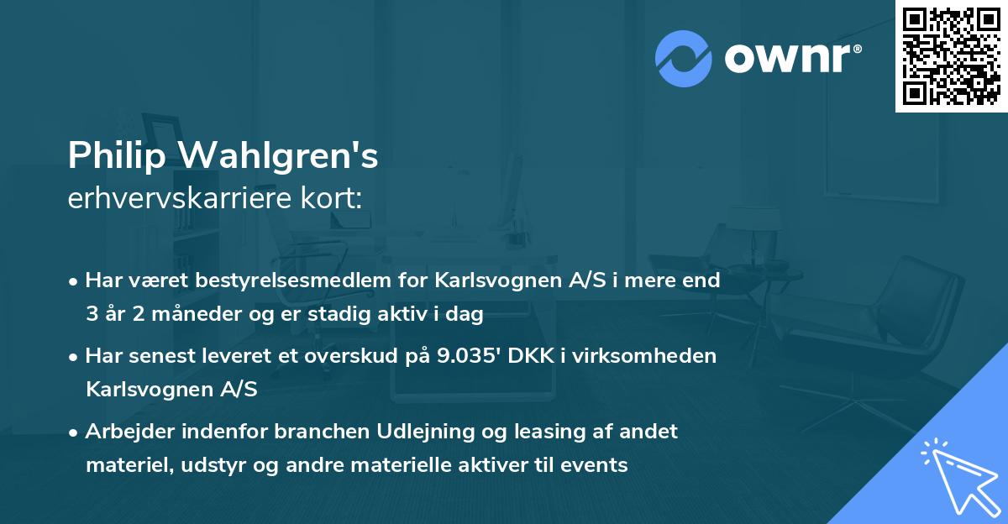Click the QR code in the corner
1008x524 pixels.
pos(951,55)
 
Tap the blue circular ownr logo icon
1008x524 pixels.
pos(683,59)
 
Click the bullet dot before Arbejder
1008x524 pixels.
pos(75,432)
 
